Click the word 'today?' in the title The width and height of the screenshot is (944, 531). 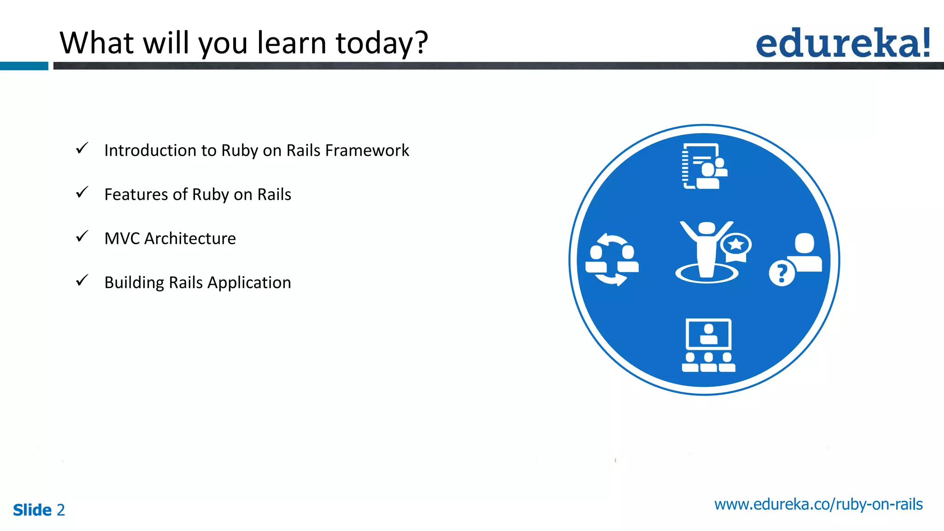click(x=382, y=43)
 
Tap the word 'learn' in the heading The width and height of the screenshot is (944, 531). click(x=291, y=43)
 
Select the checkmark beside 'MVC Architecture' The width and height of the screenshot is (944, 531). click(x=82, y=237)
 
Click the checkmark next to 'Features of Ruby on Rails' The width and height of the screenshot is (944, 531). click(x=82, y=193)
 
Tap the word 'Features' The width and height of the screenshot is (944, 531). click(x=136, y=195)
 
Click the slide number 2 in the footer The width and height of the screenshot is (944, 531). click(x=61, y=510)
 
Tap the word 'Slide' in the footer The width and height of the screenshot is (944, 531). click(x=32, y=510)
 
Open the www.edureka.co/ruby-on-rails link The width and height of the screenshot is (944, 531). click(x=818, y=504)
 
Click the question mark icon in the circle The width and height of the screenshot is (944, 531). click(x=782, y=273)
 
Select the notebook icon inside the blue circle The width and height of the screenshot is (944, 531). click(x=704, y=166)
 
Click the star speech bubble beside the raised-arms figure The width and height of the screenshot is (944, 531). click(x=736, y=245)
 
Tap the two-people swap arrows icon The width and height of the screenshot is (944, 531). click(x=612, y=260)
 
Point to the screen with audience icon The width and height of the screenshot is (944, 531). click(x=708, y=345)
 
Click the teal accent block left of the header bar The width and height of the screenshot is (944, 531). click(x=24, y=66)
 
